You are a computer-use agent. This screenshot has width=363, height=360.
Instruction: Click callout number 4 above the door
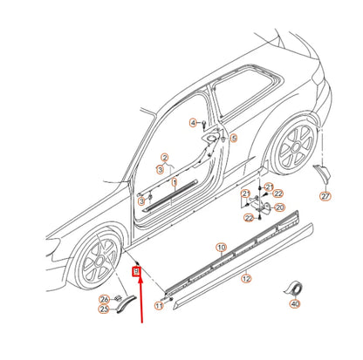click(x=194, y=123)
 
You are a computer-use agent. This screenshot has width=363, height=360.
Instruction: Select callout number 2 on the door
click(x=164, y=158)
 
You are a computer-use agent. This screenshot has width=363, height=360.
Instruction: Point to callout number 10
click(x=222, y=248)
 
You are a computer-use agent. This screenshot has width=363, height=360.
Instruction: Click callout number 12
click(x=246, y=279)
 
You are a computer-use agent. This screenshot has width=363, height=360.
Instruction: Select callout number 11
click(x=159, y=306)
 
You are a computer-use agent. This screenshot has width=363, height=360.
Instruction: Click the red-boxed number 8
click(x=136, y=272)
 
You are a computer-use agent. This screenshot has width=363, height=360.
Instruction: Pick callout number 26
click(x=105, y=298)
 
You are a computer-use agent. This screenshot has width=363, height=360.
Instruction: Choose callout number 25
click(x=105, y=309)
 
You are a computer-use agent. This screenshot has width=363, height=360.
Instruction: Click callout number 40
click(x=295, y=304)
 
